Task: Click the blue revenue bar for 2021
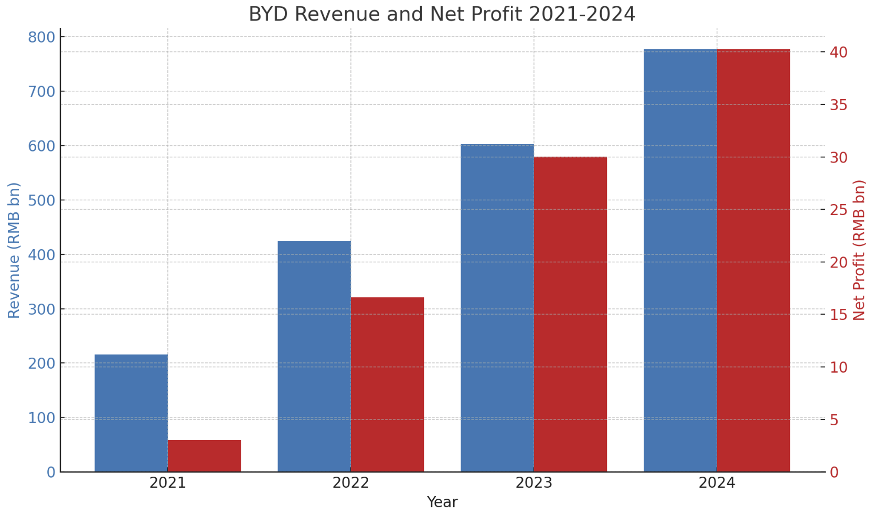point(131,413)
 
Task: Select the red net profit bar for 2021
point(204,456)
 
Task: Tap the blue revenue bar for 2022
point(314,356)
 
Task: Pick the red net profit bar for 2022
point(387,384)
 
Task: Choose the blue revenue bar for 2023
point(497,308)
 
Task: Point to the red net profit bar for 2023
point(570,314)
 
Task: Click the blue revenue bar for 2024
point(680,261)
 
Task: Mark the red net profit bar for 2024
point(753,261)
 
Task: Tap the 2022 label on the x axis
point(351,483)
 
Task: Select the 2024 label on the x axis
point(717,483)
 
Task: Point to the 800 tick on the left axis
point(42,38)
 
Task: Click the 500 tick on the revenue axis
point(42,200)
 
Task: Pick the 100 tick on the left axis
point(42,418)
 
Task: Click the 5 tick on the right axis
point(835,420)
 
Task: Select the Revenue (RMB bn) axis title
point(14,250)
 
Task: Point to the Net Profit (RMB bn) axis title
point(859,250)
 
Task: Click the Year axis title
point(442,502)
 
